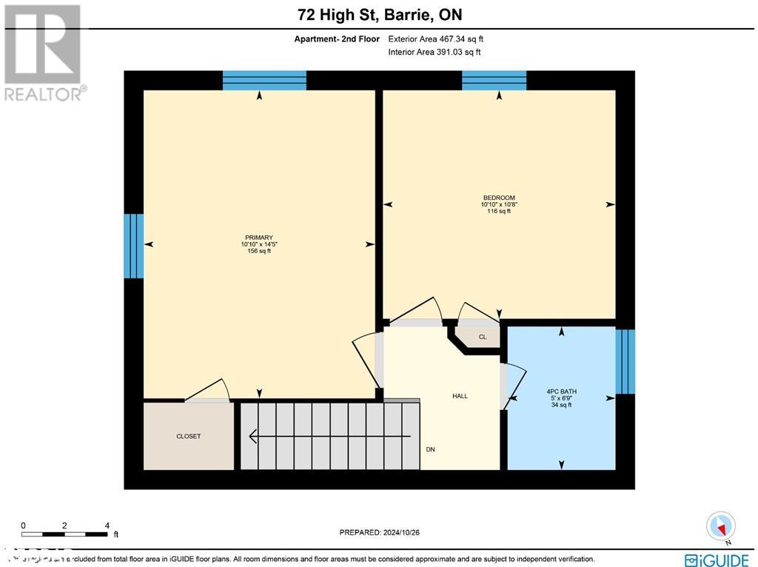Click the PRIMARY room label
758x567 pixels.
click(x=259, y=238)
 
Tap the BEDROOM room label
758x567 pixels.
click(x=498, y=198)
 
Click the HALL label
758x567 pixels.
click(x=460, y=396)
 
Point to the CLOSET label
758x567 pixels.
click(x=188, y=436)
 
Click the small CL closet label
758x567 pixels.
click(x=483, y=337)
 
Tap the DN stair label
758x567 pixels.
click(x=430, y=449)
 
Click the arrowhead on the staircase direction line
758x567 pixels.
click(x=253, y=436)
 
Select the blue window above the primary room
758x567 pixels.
click(x=264, y=80)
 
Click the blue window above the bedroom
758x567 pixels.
click(x=494, y=80)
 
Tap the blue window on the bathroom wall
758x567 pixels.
click(x=625, y=361)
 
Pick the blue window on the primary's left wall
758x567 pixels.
click(x=133, y=246)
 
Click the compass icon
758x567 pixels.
click(x=720, y=526)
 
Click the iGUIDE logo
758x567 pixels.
click(x=715, y=560)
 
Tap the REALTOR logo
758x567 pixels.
click(x=44, y=52)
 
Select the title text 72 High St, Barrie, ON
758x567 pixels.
click(x=379, y=15)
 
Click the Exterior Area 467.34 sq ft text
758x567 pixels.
click(x=435, y=38)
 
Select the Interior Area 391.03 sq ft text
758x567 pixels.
click(x=434, y=52)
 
